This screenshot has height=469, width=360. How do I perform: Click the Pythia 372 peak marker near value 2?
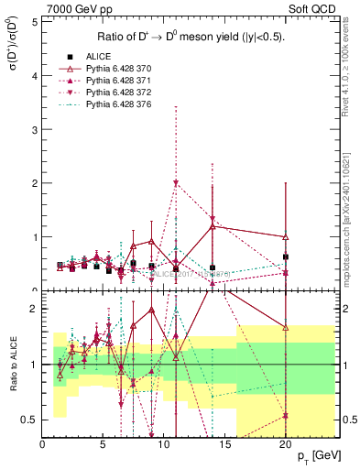[176, 183]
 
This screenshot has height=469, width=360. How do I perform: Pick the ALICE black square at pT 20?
[286, 256]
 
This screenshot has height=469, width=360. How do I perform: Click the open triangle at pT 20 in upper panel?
[286, 236]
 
